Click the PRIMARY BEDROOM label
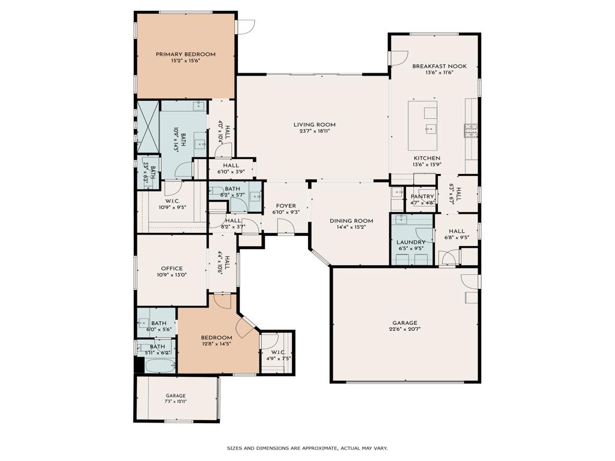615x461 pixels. coord(186,54)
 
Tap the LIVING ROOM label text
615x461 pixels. coord(314,125)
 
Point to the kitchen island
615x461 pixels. coord(430,125)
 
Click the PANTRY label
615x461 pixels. coord(422,196)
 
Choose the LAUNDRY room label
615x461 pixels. coord(411,242)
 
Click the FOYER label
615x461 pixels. coord(286,206)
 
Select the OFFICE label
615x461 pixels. coord(172,268)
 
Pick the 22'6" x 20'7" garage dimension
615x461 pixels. coord(405,329)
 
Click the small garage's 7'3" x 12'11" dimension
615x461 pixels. coord(175,401)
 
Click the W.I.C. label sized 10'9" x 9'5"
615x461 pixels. coord(172,202)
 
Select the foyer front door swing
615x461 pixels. coord(286,226)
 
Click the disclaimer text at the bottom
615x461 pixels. coord(307,448)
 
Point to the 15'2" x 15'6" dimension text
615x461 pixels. coord(186,61)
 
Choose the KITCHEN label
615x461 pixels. coord(426,158)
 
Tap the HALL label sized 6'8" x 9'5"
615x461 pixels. coord(456,231)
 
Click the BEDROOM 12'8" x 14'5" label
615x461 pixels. coord(216,337)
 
